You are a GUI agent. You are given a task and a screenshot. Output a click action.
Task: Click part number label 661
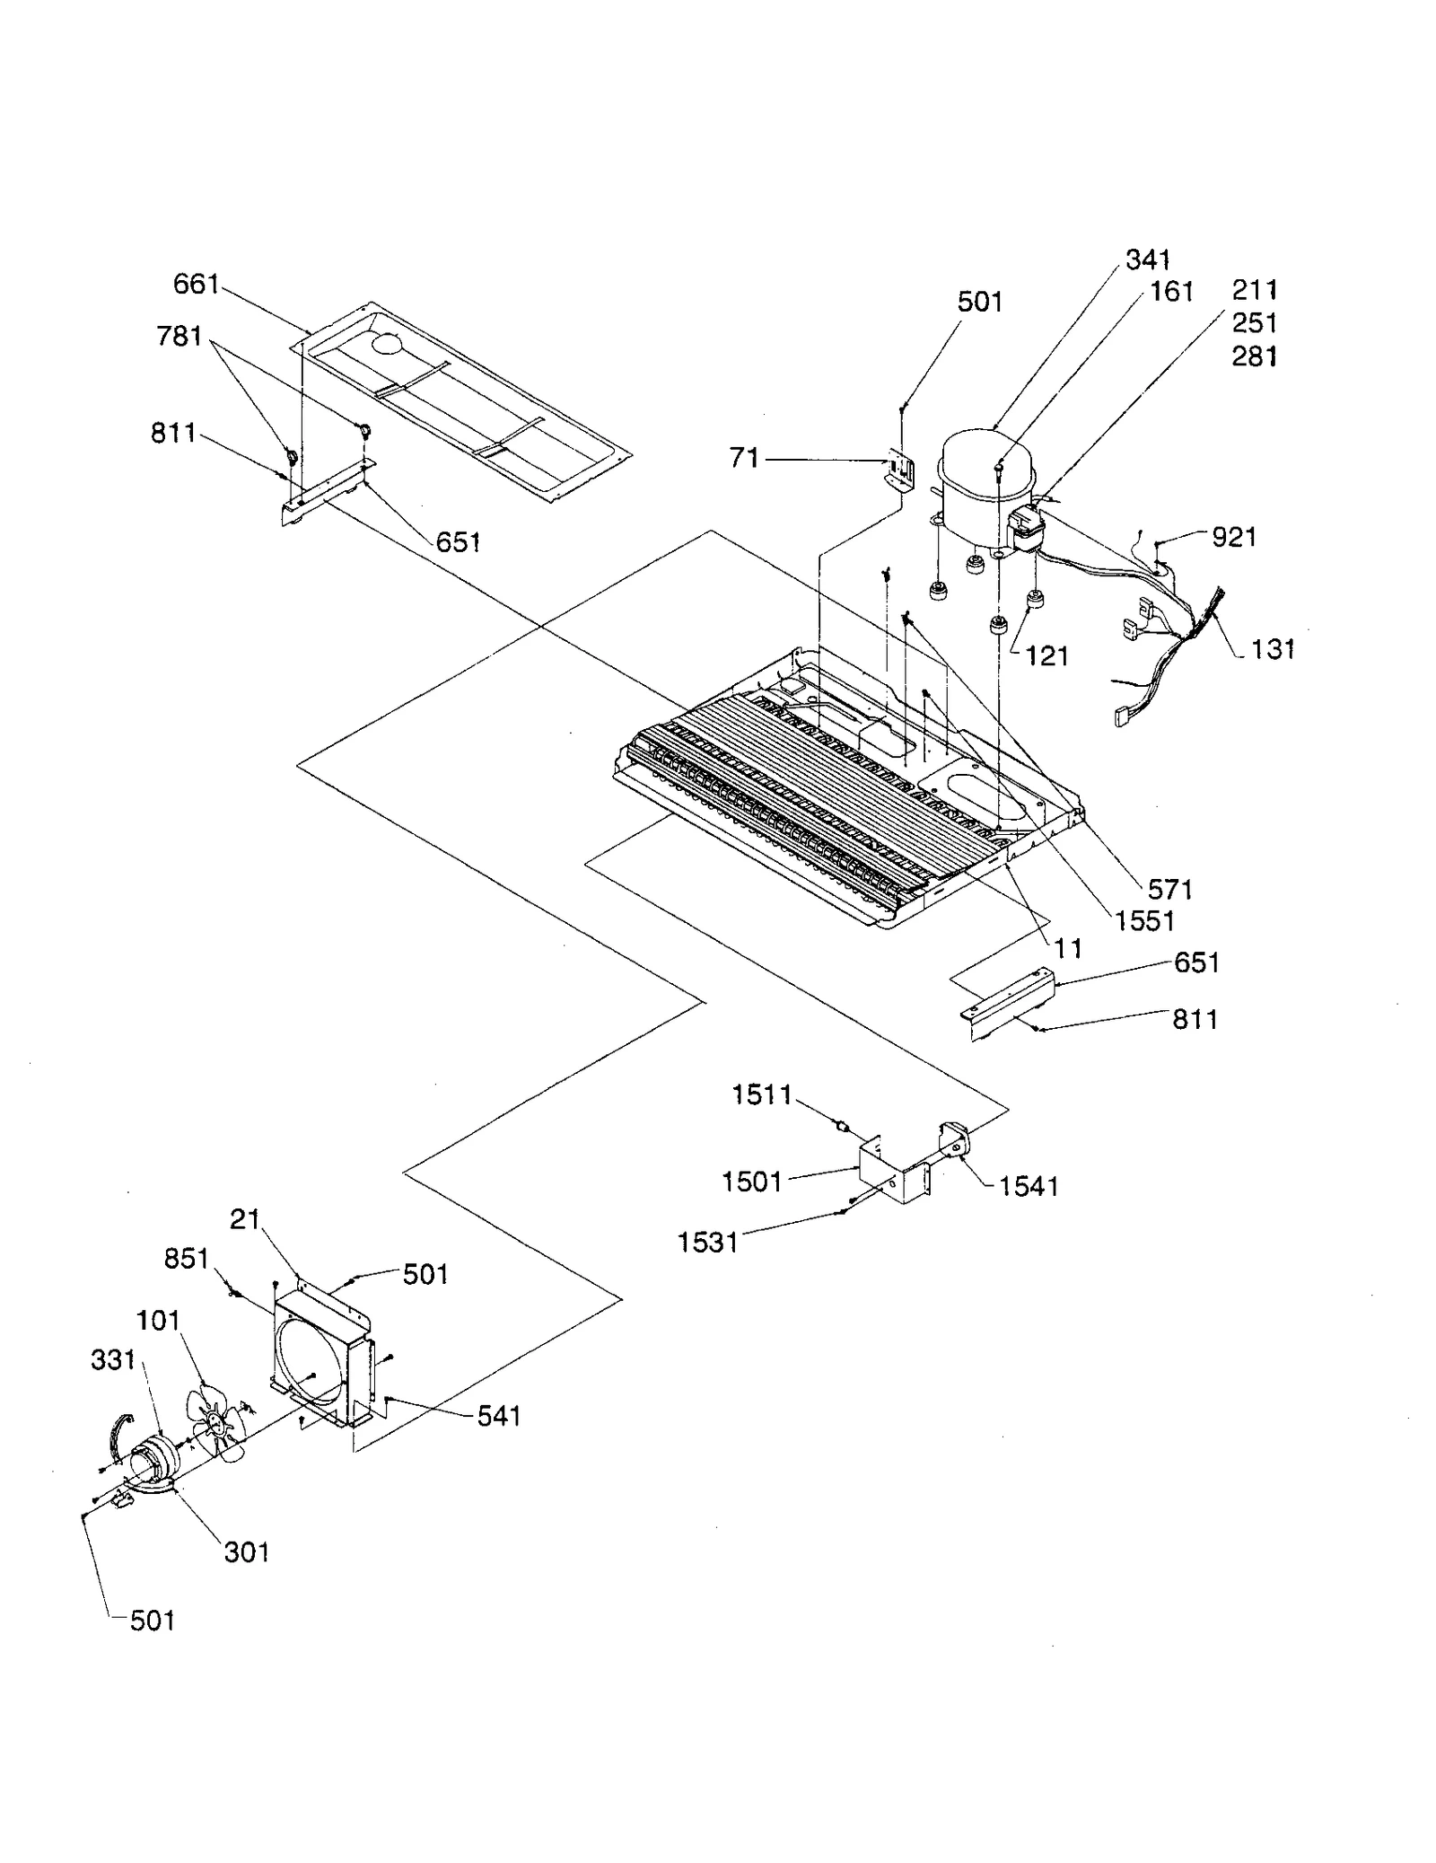[196, 285]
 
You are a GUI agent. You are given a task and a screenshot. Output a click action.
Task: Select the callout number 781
[179, 337]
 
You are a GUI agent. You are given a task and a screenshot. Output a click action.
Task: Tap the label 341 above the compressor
[1148, 260]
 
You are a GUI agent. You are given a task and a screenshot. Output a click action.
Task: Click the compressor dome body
[985, 480]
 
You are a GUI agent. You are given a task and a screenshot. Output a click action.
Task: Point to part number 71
[744, 459]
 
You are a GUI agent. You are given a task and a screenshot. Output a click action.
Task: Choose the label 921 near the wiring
[1233, 538]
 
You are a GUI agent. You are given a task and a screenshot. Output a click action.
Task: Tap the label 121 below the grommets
[1046, 656]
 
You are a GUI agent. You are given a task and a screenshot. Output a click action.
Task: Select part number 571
[1169, 889]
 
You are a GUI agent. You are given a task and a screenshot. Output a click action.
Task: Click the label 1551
[1144, 921]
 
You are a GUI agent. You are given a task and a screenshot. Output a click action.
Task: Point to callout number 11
[1068, 948]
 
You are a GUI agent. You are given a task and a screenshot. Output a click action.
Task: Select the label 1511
[762, 1094]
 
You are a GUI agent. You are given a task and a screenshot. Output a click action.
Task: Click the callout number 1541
[1029, 1187]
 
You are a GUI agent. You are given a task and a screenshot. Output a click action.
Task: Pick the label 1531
[708, 1243]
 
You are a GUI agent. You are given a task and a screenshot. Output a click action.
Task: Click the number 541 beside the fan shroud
[498, 1416]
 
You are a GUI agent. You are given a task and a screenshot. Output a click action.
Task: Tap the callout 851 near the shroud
[186, 1259]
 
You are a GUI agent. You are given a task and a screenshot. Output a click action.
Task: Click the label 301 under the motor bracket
[246, 1552]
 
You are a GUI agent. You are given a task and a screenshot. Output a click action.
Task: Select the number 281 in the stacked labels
[1254, 357]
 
